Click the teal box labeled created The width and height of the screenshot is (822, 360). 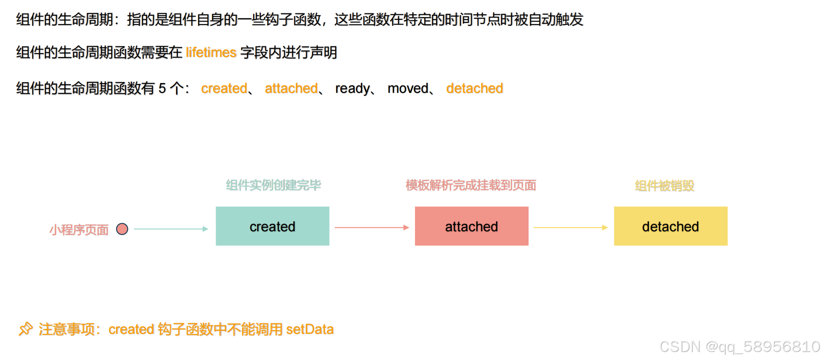[272, 226]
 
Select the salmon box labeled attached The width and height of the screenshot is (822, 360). [472, 226]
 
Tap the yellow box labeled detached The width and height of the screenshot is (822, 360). [670, 226]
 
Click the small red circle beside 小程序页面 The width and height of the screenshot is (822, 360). [122, 229]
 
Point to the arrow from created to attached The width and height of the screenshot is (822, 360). [372, 227]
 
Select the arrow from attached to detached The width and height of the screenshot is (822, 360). [570, 227]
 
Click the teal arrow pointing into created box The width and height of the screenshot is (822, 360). [171, 229]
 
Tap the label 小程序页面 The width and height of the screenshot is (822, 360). [79, 230]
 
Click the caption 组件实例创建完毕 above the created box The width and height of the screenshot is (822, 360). [273, 185]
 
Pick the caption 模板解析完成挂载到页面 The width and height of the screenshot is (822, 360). [471, 185]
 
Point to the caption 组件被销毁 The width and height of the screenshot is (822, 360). [665, 185]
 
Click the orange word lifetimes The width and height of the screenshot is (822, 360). [211, 52]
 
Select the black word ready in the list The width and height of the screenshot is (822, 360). [353, 88]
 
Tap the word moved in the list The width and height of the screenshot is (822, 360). [408, 88]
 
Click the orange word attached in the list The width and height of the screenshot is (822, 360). [291, 88]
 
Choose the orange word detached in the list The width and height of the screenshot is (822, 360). [475, 88]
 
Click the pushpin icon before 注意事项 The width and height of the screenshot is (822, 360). [25, 329]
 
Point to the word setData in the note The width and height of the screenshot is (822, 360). [310, 329]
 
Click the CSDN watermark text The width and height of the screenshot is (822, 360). [740, 347]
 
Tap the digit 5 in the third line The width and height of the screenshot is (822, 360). [162, 88]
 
